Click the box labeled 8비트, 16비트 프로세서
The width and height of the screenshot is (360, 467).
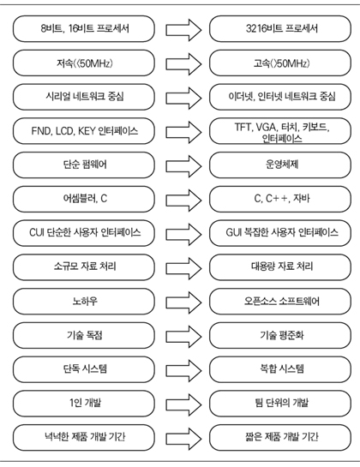pos(84,29)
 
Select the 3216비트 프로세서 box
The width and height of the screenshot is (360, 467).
pos(280,29)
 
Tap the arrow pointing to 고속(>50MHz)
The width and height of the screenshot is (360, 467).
pos(183,63)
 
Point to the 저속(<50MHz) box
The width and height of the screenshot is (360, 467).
pos(84,63)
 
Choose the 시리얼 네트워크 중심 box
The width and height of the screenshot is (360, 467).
pos(84,97)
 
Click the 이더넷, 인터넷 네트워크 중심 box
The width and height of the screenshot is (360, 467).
pos(280,97)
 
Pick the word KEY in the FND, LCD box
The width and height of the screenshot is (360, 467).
pos(87,131)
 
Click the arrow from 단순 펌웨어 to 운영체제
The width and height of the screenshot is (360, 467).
pos(183,165)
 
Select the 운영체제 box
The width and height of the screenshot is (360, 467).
pos(280,165)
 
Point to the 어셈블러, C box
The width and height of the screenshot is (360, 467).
pos(84,199)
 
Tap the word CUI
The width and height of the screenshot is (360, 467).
pos(37,232)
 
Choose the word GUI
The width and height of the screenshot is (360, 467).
pos(233,232)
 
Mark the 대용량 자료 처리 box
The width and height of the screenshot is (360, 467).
pos(280,267)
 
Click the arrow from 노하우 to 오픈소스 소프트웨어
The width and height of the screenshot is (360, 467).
pos(183,302)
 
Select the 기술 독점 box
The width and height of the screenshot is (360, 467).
pos(84,335)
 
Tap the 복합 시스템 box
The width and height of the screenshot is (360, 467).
pos(280,369)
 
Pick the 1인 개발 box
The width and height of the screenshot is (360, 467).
pos(84,404)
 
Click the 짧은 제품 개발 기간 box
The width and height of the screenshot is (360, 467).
pos(280,438)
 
